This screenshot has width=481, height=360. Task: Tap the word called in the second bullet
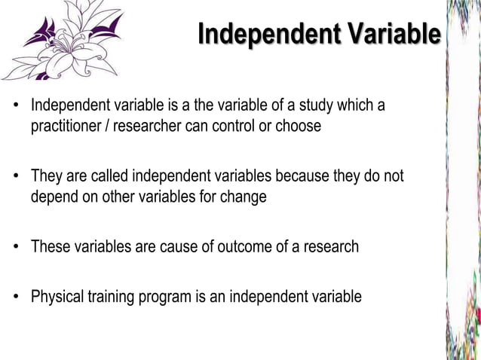tap(109, 176)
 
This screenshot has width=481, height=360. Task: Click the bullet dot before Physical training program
tap(15, 297)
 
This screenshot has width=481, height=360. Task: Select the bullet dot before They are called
tap(15, 176)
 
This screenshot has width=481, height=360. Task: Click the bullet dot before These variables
tap(15, 247)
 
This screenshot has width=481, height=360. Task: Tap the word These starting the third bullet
tap(48, 247)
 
